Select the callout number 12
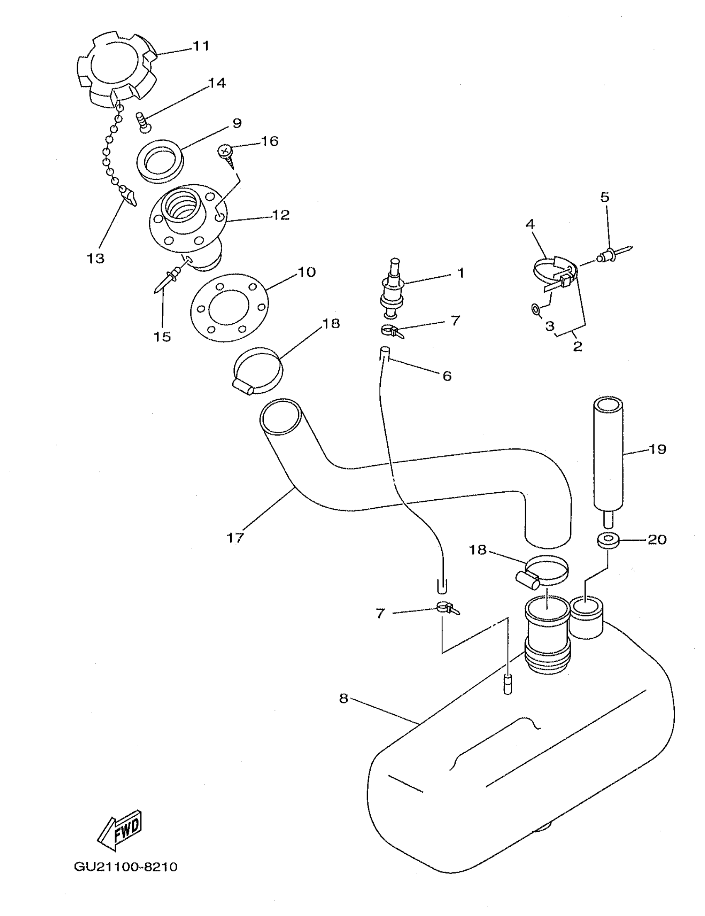click(x=280, y=215)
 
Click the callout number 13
click(x=95, y=258)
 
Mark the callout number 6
click(x=447, y=376)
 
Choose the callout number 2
click(x=577, y=347)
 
